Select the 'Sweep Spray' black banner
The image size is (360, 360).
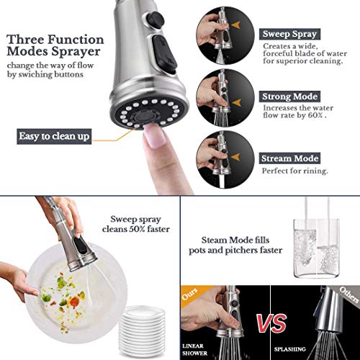pyautogui.click(x=292, y=33)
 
